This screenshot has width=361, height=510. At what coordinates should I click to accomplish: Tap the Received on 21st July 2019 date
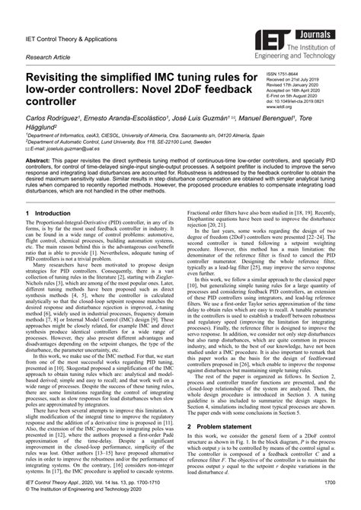click(x=297, y=80)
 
